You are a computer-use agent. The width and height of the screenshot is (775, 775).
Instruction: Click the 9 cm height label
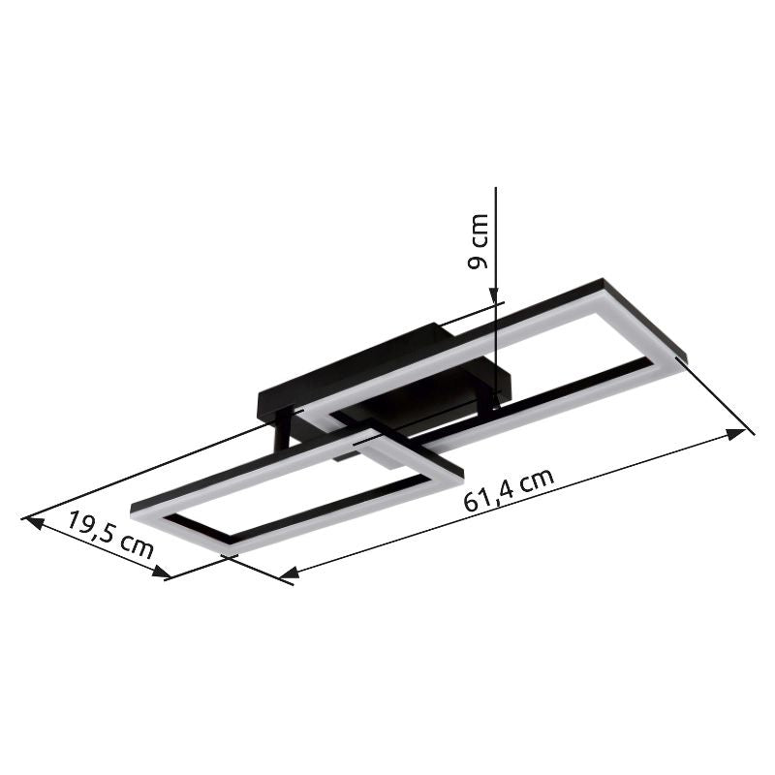click(x=478, y=242)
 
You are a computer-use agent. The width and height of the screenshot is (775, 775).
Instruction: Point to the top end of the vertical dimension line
click(x=495, y=189)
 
